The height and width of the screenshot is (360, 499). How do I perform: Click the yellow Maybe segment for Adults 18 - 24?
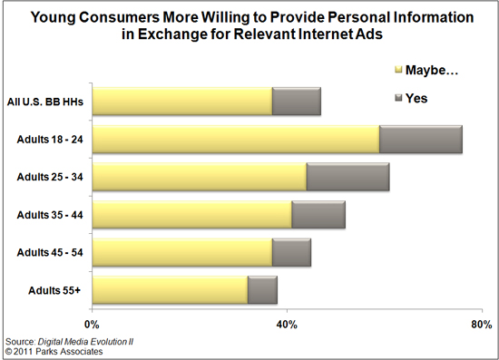pos(236,140)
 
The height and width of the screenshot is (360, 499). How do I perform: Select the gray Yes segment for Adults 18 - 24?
pos(421,140)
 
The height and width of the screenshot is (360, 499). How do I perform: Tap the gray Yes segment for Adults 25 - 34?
pos(347,177)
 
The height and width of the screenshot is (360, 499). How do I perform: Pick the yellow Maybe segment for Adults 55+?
pos(170,290)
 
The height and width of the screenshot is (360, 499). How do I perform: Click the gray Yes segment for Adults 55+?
pos(262,290)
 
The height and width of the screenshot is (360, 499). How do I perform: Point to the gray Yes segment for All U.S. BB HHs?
pos(297,102)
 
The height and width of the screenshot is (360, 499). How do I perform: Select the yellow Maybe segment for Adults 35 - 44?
pos(191,215)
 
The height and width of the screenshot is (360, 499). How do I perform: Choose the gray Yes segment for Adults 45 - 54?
pos(291,252)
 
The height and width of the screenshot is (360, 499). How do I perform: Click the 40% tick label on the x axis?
pos(287,325)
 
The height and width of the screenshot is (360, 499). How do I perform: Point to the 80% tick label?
pos(481,325)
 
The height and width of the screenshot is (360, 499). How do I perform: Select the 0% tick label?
pos(92,325)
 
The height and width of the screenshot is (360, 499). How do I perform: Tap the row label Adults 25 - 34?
pos(51,177)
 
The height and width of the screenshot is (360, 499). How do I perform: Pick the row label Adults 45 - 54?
pos(51,252)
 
